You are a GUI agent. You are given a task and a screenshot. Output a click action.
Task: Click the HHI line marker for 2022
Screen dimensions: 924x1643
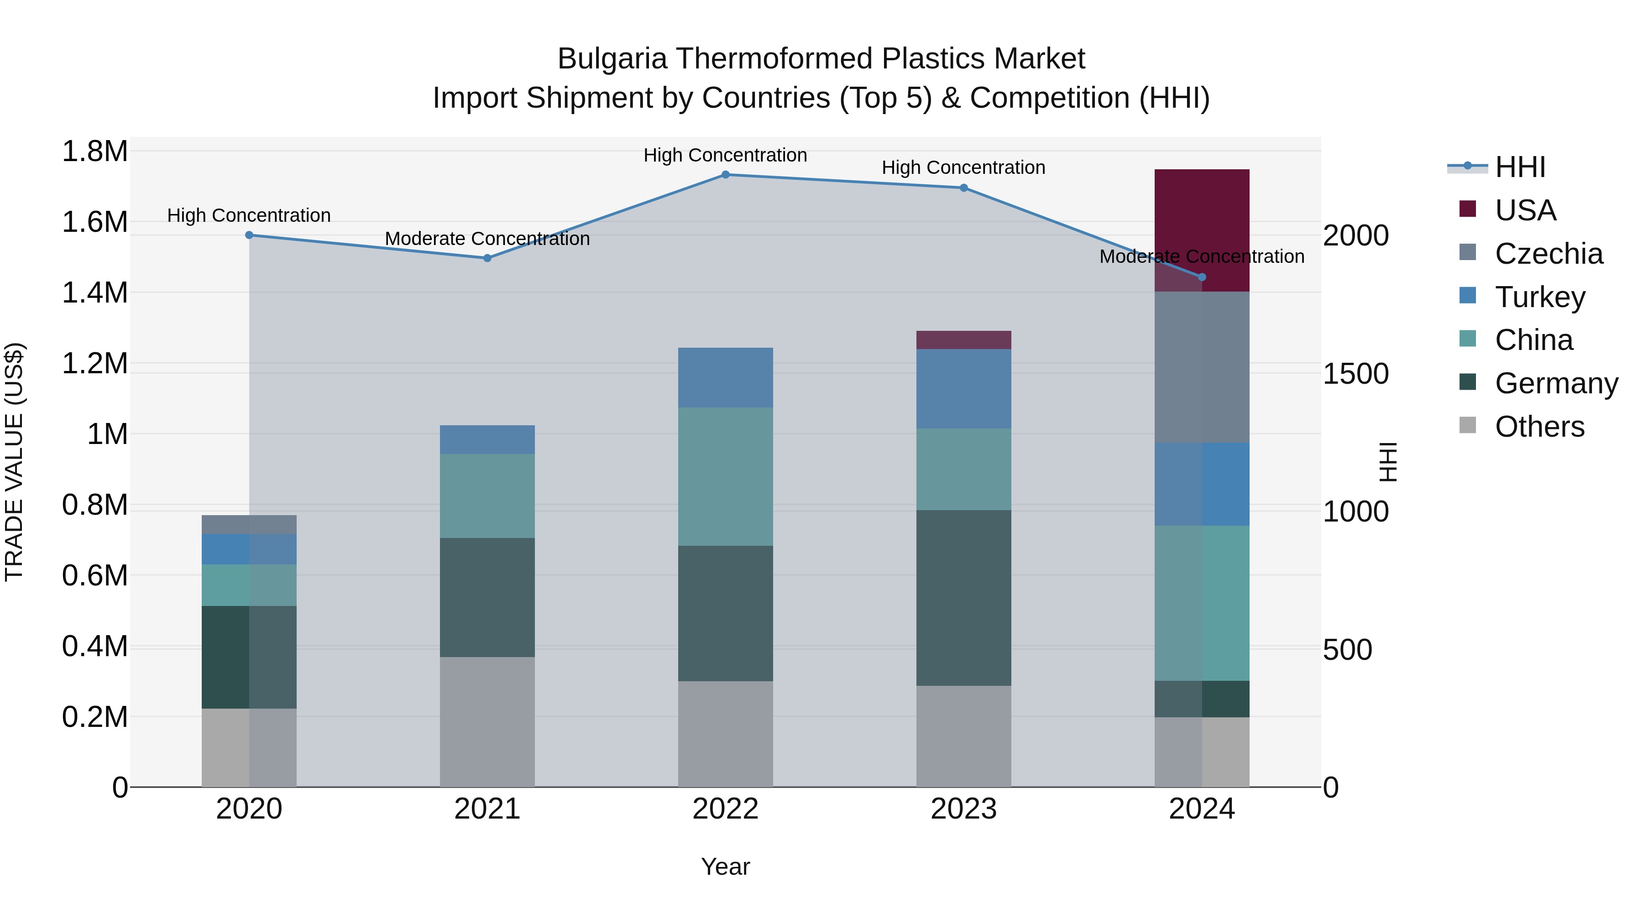pos(725,175)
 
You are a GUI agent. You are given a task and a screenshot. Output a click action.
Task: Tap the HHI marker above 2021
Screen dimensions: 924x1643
pos(487,258)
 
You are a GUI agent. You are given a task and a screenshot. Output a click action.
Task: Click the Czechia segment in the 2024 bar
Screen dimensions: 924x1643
pos(1202,367)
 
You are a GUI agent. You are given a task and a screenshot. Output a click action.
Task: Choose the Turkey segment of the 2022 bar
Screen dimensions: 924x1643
pos(725,377)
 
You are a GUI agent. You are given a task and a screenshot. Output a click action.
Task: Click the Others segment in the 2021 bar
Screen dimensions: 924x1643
pos(487,722)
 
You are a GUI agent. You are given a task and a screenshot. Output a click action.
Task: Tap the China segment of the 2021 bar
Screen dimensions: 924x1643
pos(487,496)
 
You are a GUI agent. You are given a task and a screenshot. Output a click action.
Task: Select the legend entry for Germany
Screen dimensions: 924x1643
pos(1556,383)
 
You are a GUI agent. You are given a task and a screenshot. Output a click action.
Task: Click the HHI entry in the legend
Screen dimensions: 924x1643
pos(1520,167)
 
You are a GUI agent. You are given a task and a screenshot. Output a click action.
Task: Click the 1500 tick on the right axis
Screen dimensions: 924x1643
pos(1355,374)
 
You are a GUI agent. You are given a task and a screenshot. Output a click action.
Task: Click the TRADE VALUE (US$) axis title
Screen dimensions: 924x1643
pos(14,462)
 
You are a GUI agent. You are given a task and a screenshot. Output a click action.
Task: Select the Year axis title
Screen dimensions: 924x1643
pos(725,867)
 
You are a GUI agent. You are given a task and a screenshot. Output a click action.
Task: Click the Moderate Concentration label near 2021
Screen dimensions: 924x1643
pos(487,239)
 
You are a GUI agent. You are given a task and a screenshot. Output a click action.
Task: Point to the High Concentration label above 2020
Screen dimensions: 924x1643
pos(249,215)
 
